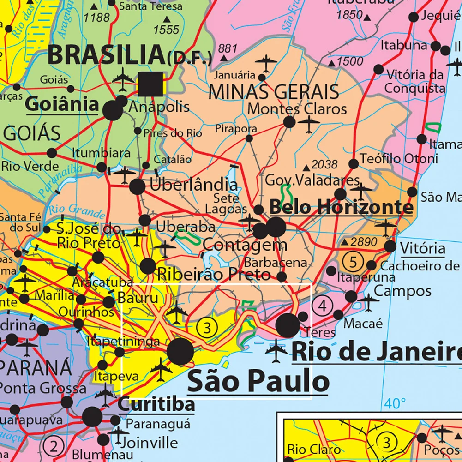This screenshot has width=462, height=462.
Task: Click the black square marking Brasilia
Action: click(x=150, y=84)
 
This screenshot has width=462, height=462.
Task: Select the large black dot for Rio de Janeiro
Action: click(x=288, y=325)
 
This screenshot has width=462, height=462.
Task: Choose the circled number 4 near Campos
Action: click(x=322, y=305)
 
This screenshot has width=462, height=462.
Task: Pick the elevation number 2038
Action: click(x=325, y=164)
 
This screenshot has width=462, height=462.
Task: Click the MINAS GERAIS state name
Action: click(x=274, y=92)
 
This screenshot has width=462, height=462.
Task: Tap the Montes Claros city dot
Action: click(x=289, y=122)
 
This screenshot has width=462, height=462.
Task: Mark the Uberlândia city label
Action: click(x=193, y=185)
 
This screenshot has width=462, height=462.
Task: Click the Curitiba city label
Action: click(x=156, y=405)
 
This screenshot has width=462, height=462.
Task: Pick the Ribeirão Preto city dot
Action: click(x=148, y=266)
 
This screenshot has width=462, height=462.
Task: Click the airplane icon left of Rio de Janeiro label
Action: click(x=276, y=350)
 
